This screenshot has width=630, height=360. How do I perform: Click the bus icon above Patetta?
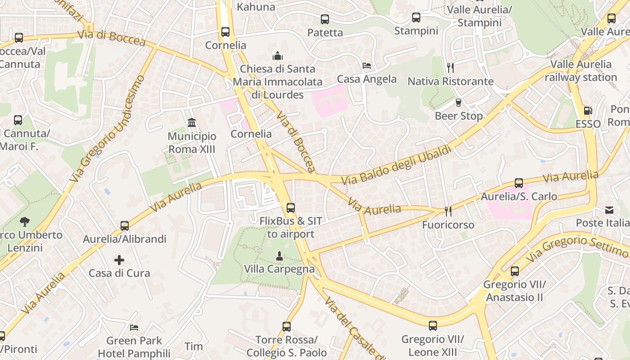point(325,19)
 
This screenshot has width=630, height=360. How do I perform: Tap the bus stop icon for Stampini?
point(416,18)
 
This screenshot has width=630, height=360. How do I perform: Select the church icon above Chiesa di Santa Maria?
point(277,56)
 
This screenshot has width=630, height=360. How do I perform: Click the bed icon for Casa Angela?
point(367,66)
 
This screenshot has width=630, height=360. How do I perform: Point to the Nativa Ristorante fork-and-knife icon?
point(450,67)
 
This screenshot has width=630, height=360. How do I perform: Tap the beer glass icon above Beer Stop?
point(459,103)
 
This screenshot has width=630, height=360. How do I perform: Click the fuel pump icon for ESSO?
point(588,110)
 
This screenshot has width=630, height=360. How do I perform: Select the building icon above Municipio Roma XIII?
point(192,122)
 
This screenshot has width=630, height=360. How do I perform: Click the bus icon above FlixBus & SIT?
point(291,207)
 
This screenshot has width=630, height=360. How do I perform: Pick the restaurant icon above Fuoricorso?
point(448,211)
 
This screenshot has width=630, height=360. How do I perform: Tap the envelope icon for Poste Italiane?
point(609,210)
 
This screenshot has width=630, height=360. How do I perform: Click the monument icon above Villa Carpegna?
point(279,256)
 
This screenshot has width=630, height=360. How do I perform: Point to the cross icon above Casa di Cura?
point(119,260)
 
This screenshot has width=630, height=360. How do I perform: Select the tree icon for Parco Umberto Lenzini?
point(25,221)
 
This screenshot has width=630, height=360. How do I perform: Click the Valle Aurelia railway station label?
point(581,71)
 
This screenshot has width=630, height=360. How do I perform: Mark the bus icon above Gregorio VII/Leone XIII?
point(433,325)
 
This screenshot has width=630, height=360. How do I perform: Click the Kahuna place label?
point(256,7)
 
